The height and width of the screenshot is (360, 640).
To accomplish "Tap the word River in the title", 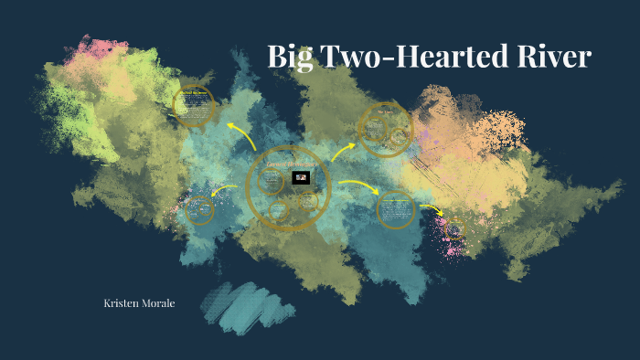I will pos(551,57).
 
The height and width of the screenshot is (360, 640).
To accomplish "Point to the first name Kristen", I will pos(123,302).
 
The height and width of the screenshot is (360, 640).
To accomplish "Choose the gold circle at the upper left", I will pos(194,106).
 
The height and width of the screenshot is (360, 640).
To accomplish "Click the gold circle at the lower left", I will pos(198,210).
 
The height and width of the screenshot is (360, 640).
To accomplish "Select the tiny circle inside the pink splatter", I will pos(454,226).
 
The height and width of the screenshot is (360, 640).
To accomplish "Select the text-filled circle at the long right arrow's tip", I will pos(396,209).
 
